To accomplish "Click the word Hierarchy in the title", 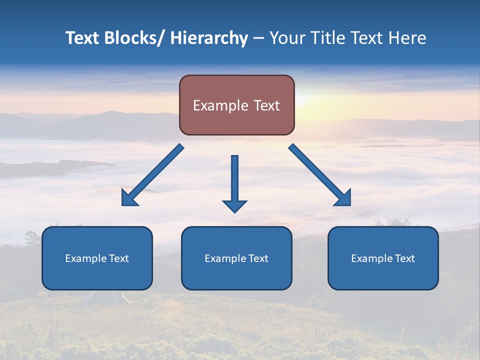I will click(x=209, y=38).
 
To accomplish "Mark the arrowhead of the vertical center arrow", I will click(x=234, y=205).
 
